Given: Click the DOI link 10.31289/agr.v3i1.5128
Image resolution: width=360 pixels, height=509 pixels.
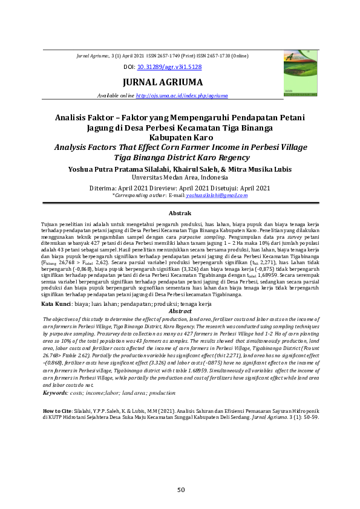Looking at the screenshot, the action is tap(169, 67).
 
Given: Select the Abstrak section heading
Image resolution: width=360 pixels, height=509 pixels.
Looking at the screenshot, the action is tap(179, 213).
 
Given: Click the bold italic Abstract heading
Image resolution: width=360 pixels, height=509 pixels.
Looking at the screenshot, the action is tap(179, 311).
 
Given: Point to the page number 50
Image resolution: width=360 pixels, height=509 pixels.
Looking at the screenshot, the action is tap(180, 490).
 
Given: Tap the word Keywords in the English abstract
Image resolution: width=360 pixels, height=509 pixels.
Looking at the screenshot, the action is tap(56, 393).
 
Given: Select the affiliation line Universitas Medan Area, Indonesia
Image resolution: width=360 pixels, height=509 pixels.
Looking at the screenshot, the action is tap(179, 178).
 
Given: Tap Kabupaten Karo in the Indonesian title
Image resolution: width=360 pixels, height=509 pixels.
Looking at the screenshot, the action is tap(179, 137).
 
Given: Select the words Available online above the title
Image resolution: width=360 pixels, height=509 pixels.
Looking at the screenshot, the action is tap(116, 96).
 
